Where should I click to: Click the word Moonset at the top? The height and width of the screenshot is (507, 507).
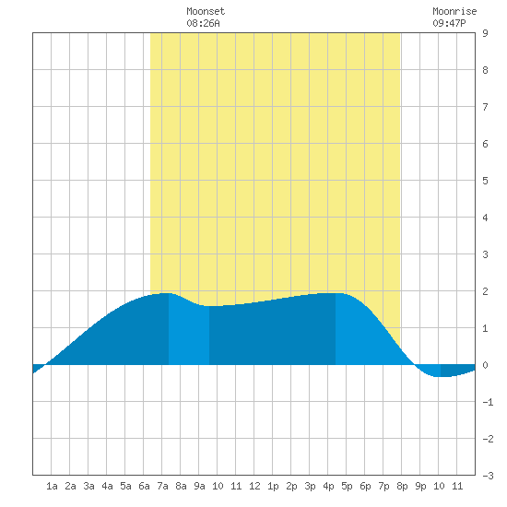[206, 11]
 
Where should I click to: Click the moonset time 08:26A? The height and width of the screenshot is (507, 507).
[203, 23]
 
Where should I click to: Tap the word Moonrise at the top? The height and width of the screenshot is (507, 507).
[454, 11]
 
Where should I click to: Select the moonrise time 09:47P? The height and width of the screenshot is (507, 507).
[449, 23]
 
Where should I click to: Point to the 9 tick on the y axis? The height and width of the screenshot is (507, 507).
[485, 33]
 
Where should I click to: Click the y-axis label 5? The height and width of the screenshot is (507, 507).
[485, 181]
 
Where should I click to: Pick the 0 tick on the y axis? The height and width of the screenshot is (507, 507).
[485, 365]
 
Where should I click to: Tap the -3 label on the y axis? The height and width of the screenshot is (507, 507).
[488, 476]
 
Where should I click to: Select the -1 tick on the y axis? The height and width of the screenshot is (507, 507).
[488, 402]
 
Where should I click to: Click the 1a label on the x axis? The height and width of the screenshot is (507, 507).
[52, 486]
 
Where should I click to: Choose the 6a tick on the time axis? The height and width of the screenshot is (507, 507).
[144, 486]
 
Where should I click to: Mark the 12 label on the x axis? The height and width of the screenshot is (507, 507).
[254, 486]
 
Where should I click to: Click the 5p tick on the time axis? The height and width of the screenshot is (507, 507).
[347, 486]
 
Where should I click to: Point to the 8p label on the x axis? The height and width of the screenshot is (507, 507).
[402, 486]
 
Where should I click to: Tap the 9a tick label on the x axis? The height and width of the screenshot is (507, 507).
[199, 486]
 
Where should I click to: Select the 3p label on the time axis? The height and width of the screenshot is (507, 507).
[310, 486]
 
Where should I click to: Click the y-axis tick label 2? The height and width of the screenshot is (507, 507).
[485, 291]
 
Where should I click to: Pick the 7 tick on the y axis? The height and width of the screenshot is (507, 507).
[485, 107]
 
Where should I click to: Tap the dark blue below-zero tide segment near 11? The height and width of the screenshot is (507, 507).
[457, 371]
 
